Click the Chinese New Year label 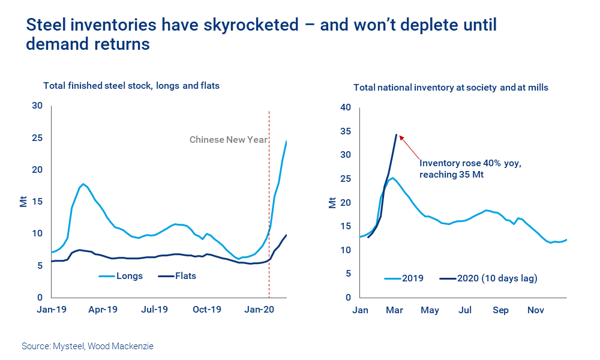coord(229,140)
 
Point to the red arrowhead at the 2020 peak coord(400,137)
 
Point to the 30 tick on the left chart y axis coord(37,106)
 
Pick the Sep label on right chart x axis coord(500,310)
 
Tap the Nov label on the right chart coord(535,310)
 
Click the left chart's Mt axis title coord(23,201)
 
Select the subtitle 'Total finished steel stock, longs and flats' coord(131,86)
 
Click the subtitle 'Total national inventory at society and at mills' coord(451,88)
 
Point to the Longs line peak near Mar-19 coord(83,184)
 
